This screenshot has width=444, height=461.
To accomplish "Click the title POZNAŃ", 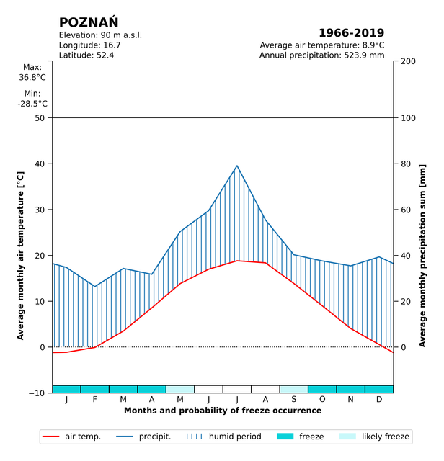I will coord(89,22).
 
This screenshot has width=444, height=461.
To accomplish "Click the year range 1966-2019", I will coord(351,33).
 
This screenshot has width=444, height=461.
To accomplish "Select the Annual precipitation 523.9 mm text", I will coord(321,55).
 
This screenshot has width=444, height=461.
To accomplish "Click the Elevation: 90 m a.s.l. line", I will coord(100,35).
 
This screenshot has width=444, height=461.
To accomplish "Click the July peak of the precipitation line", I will coord(237,166).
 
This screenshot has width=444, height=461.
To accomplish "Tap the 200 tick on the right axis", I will coord(407,62).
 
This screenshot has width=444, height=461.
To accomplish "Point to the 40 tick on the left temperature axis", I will coord(39,164).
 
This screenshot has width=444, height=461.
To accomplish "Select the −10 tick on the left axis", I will coord(36,393).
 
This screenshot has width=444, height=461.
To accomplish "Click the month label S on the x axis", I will coord(294,400).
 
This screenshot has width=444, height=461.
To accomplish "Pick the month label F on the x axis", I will coord(95,400).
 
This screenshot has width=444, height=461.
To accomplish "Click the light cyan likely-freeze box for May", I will coord(180,389).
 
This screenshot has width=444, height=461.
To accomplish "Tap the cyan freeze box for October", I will coord(322,389).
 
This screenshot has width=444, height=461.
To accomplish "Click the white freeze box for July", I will coord(237,389).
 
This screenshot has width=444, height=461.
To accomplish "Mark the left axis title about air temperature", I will coord(21,256).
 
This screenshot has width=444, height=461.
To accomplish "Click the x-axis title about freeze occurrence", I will coord(223,411).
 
